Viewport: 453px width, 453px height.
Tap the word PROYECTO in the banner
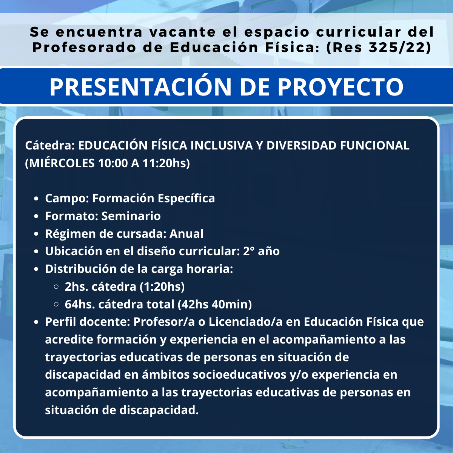pos(341,86)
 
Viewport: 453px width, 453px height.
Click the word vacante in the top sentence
pos(183,32)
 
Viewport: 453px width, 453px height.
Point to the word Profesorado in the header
pos(85,48)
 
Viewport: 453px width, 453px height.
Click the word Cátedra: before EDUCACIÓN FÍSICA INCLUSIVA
pos(50,145)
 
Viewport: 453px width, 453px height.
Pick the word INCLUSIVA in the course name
pos(222,145)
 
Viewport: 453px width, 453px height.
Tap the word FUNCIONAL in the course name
pos(375,145)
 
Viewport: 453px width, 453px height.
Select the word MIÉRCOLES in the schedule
pos(60,163)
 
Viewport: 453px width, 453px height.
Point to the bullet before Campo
pos(36,198)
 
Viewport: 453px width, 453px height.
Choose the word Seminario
pos(131,216)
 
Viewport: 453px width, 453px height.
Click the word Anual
pos(186,234)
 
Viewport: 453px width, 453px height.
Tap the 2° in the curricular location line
pos(249,251)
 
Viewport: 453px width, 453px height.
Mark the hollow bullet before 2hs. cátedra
pos(56,287)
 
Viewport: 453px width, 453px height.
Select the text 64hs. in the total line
pos(80,304)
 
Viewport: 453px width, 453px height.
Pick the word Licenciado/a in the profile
pos(245,322)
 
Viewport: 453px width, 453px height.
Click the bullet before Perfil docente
pos(36,322)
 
